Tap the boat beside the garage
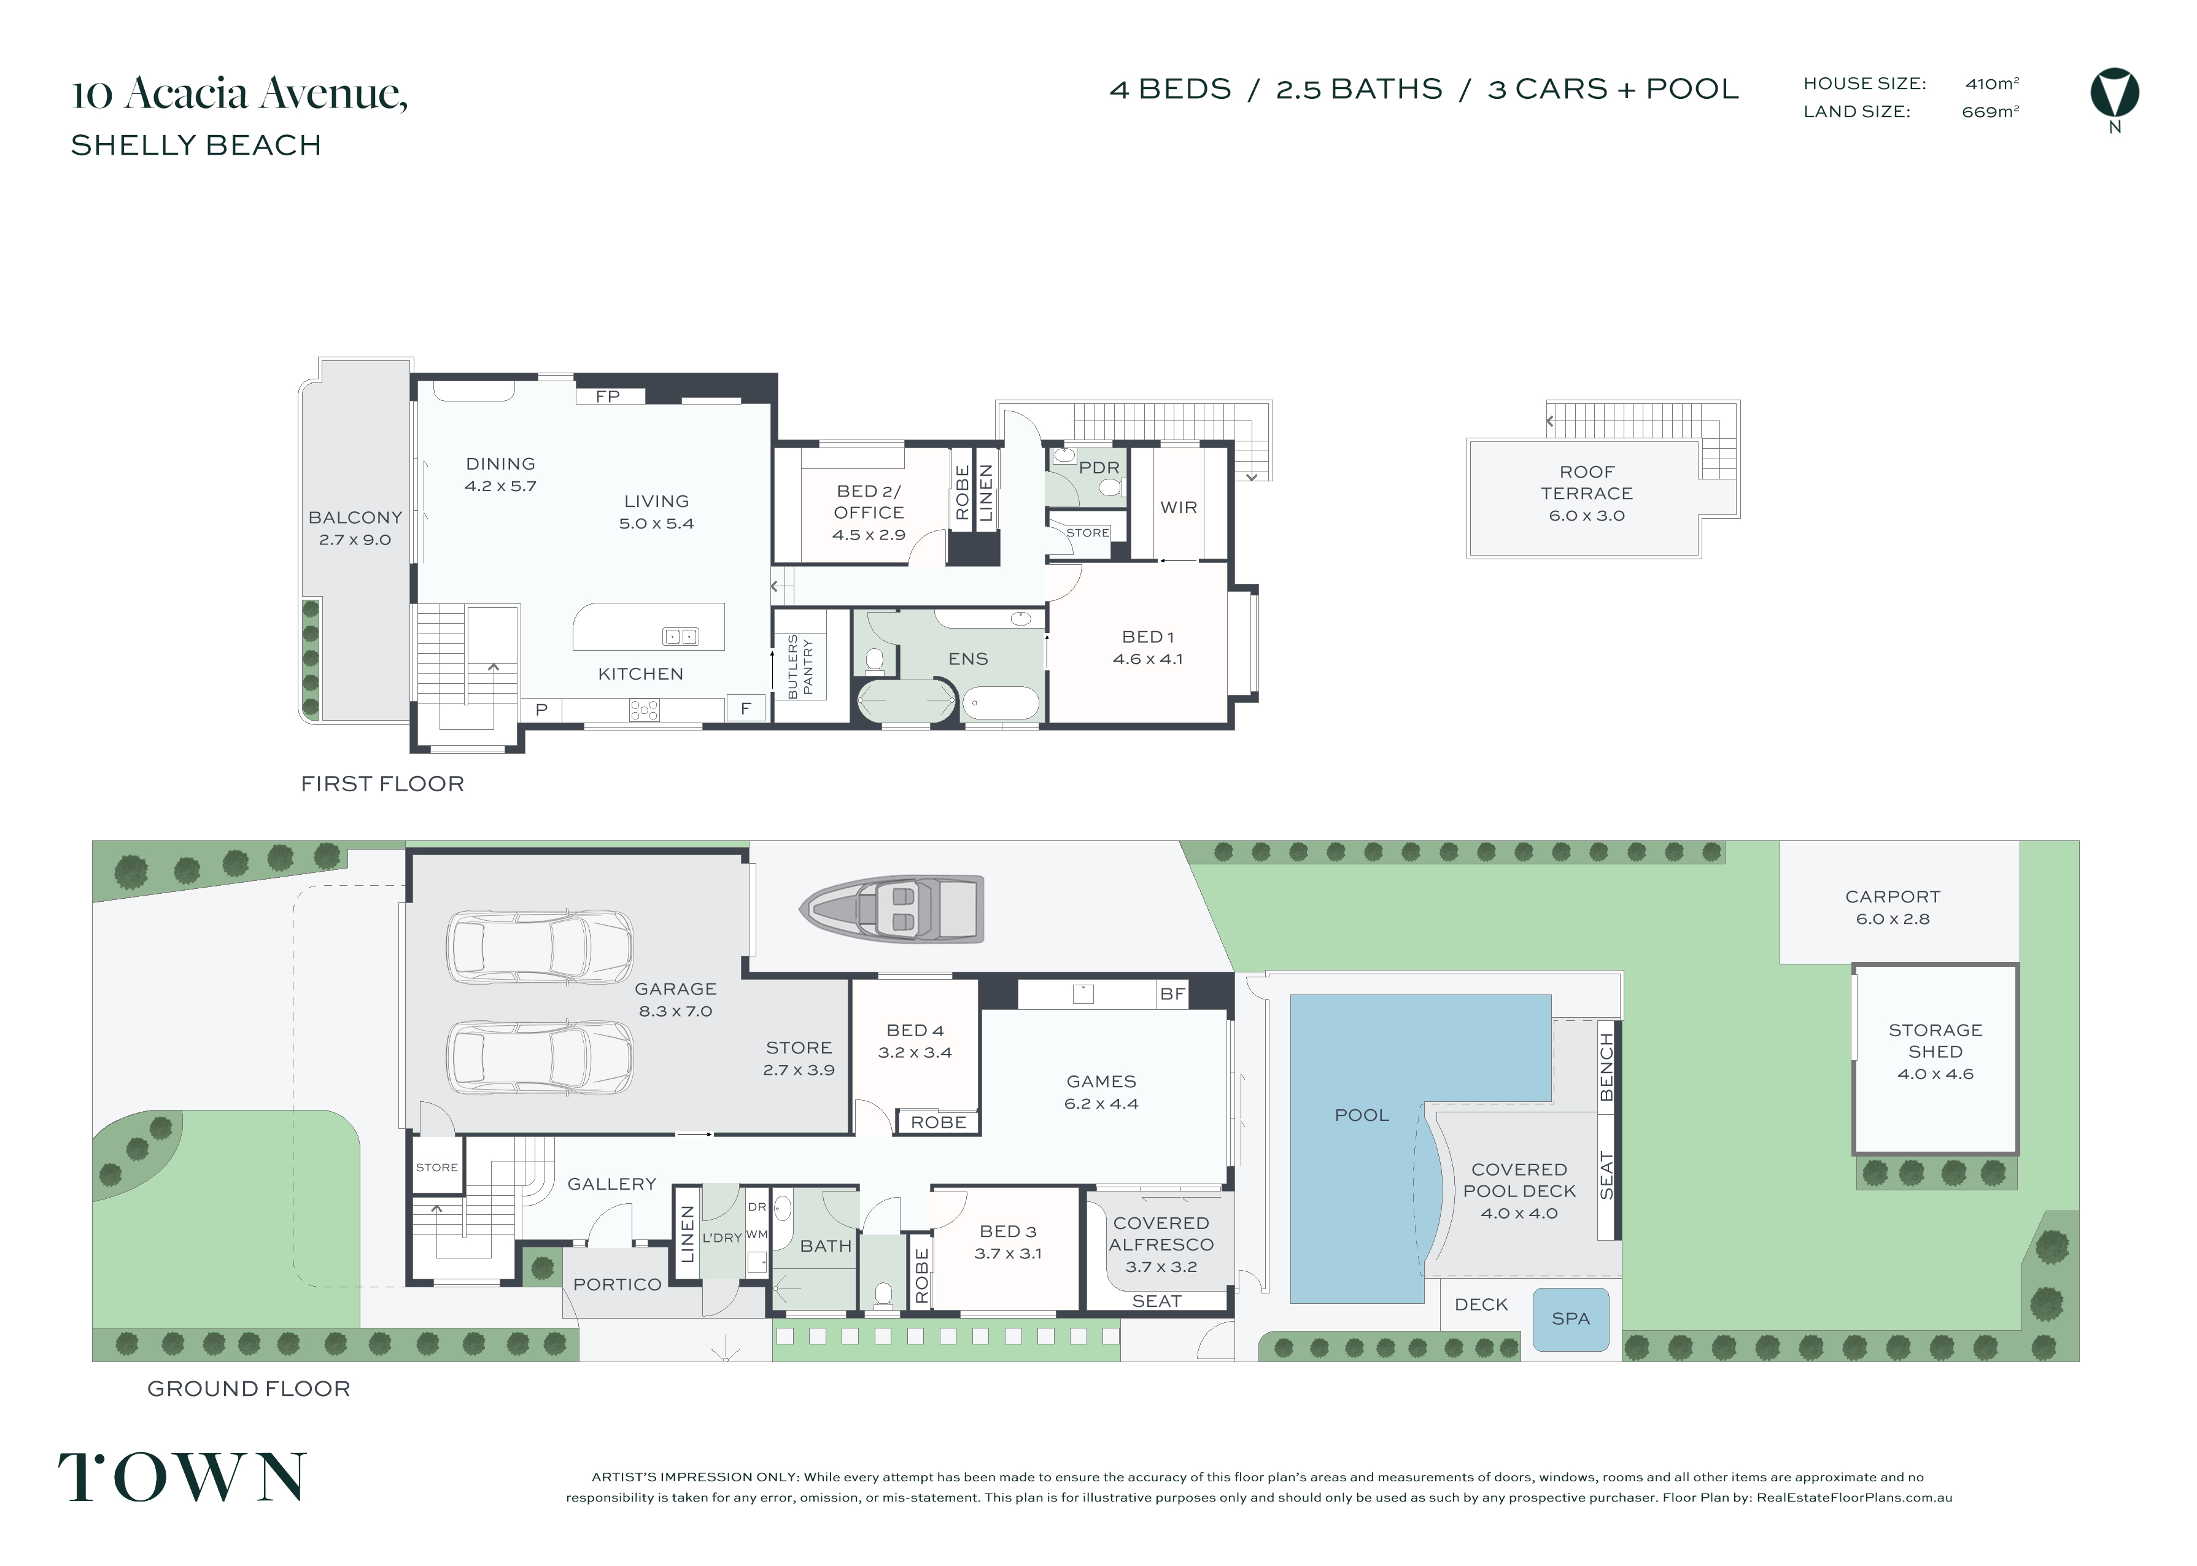[892, 909]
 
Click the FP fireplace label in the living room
[607, 397]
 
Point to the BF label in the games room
[1172, 994]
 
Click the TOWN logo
[182, 1477]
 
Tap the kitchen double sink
[681, 637]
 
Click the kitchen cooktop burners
[644, 711]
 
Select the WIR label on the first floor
[1178, 507]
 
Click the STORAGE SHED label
[1935, 1041]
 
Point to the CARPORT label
[1893, 897]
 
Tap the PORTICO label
[617, 1284]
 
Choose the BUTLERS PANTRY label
[800, 666]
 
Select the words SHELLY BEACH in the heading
[196, 145]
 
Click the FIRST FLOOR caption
[382, 784]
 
